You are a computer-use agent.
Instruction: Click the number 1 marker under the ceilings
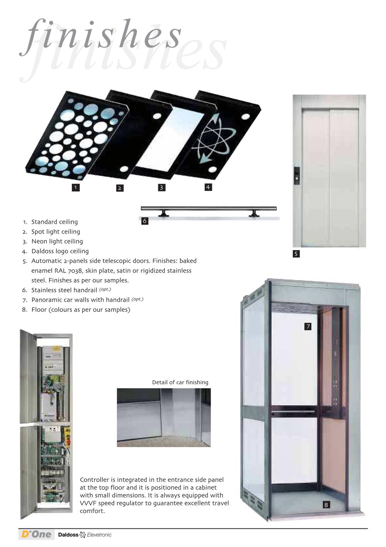pyautogui.click(x=76, y=187)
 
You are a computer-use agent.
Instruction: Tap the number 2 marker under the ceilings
pyautogui.click(x=120, y=188)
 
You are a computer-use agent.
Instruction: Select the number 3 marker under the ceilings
pyautogui.click(x=161, y=187)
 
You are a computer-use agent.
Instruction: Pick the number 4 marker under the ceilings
pyautogui.click(x=208, y=187)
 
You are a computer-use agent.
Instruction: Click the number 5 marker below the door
pyautogui.click(x=296, y=254)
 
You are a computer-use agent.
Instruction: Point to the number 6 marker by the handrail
pyautogui.click(x=145, y=221)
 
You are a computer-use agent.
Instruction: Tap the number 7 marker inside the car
pyautogui.click(x=308, y=326)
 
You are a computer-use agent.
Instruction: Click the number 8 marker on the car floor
pyautogui.click(x=326, y=505)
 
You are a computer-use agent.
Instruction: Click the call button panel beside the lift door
pyautogui.click(x=297, y=176)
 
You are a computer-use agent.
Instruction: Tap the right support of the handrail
pyautogui.click(x=254, y=213)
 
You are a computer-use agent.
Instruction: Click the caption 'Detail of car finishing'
pyautogui.click(x=180, y=382)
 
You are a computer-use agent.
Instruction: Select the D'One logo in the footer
pyautogui.click(x=36, y=534)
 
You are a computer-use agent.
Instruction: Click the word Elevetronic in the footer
pyautogui.click(x=99, y=535)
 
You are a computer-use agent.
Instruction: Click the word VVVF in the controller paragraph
pyautogui.click(x=88, y=503)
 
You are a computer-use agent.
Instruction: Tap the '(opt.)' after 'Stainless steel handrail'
pyautogui.click(x=105, y=290)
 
